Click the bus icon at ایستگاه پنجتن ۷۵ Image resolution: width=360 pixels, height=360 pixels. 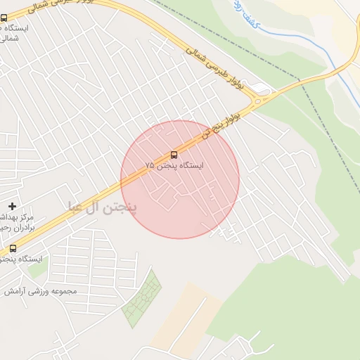pos(174,155)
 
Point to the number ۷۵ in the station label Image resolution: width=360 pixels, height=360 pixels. pos(149,166)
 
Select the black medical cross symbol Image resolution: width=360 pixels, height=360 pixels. pos(12,206)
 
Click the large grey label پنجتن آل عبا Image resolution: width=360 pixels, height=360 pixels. pos(103,207)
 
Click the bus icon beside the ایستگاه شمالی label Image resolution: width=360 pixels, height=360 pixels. pos(4,18)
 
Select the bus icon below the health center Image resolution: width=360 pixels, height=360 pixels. pos(13,248)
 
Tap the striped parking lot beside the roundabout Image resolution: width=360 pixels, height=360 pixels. pos(262,88)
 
